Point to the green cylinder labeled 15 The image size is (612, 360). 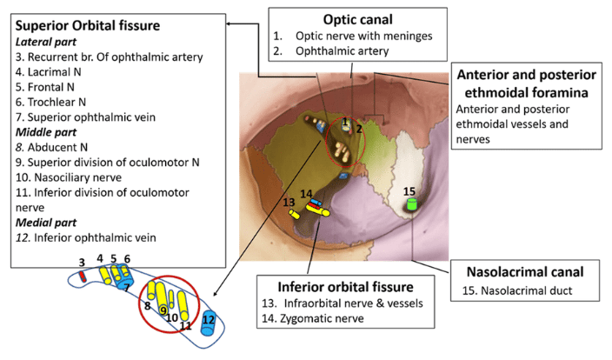pos(413,205)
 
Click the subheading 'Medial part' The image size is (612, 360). pos(49,223)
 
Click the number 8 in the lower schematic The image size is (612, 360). pos(147,305)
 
